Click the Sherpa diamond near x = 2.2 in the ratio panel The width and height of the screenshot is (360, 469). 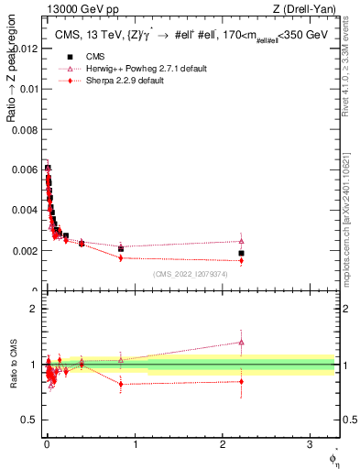pyautogui.click(x=241, y=381)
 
